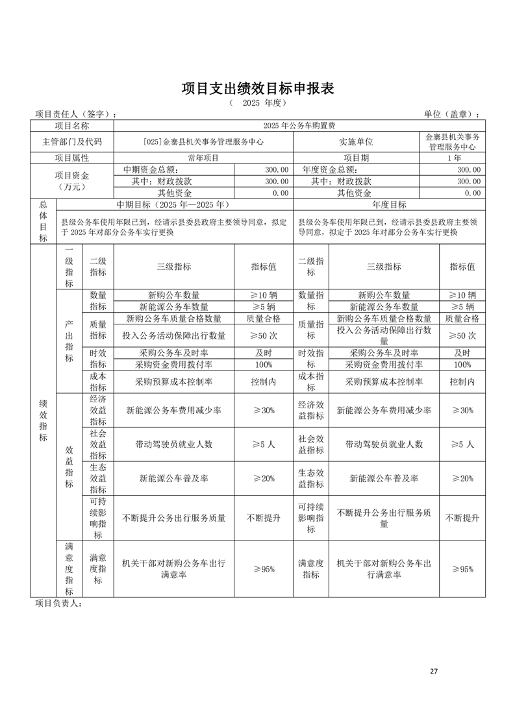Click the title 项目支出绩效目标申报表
[x=257, y=89]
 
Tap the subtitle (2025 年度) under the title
[x=257, y=103]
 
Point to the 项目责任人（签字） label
[x=75, y=115]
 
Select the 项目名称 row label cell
[x=71, y=125]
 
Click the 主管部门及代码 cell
[x=71, y=141]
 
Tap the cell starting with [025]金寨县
[x=203, y=141]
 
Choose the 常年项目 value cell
[x=203, y=158]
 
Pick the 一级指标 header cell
[x=69, y=267]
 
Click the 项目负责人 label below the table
[x=58, y=603]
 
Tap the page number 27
[x=434, y=671]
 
